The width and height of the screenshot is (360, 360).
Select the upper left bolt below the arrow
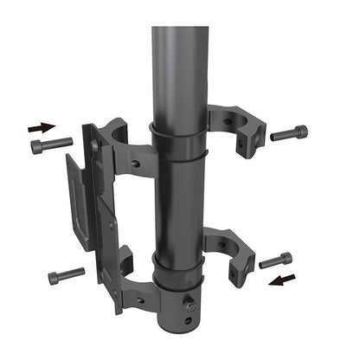coord(52,145)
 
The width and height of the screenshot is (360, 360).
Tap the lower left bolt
coord(66,276)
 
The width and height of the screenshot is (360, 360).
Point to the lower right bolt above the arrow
coord(276,260)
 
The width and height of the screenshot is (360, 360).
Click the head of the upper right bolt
coord(299,132)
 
